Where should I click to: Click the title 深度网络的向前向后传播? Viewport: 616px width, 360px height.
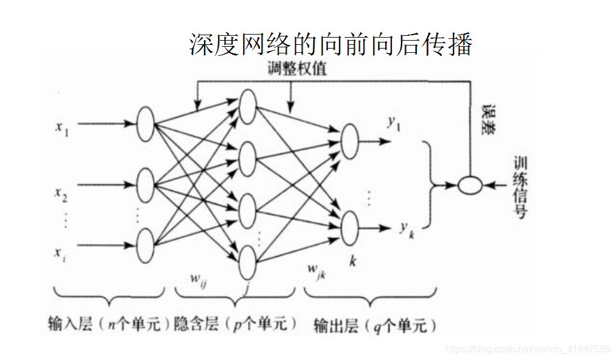330,45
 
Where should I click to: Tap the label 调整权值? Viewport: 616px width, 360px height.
297,69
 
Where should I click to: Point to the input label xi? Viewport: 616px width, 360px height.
60,253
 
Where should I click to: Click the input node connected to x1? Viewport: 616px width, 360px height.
145,124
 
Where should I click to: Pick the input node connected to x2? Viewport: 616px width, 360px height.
145,185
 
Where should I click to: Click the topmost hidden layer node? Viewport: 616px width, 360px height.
248,106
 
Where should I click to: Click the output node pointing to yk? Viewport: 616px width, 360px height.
350,228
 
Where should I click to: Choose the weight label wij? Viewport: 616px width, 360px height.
199,280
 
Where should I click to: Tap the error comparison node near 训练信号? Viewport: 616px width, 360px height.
469,185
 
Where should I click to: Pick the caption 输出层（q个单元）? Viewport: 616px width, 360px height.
375,325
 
